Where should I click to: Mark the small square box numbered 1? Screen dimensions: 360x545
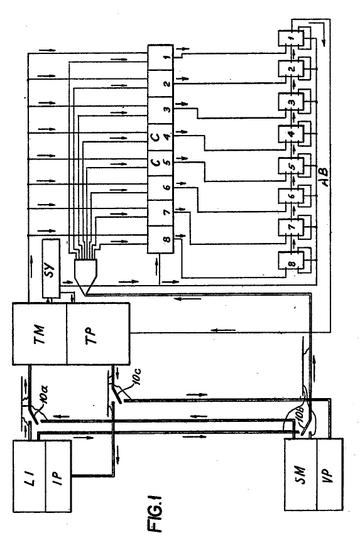[x=290, y=38]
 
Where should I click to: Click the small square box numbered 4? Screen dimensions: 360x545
[x=290, y=133]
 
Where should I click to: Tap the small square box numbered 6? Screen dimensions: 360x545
[x=290, y=196]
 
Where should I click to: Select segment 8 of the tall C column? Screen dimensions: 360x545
[x=160, y=239]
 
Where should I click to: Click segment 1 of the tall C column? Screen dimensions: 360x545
[x=160, y=57]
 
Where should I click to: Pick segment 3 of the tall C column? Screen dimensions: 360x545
[x=160, y=110]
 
